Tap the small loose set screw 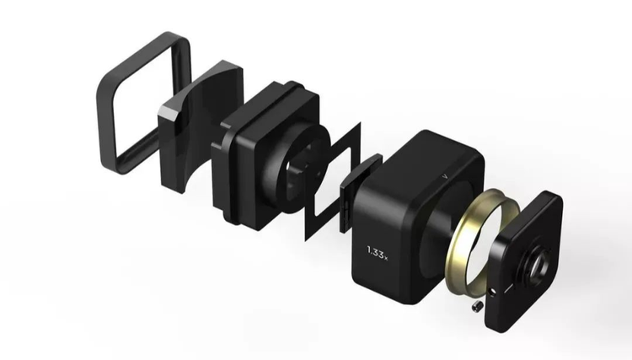click(x=476, y=306)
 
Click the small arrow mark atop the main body click(x=445, y=176)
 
